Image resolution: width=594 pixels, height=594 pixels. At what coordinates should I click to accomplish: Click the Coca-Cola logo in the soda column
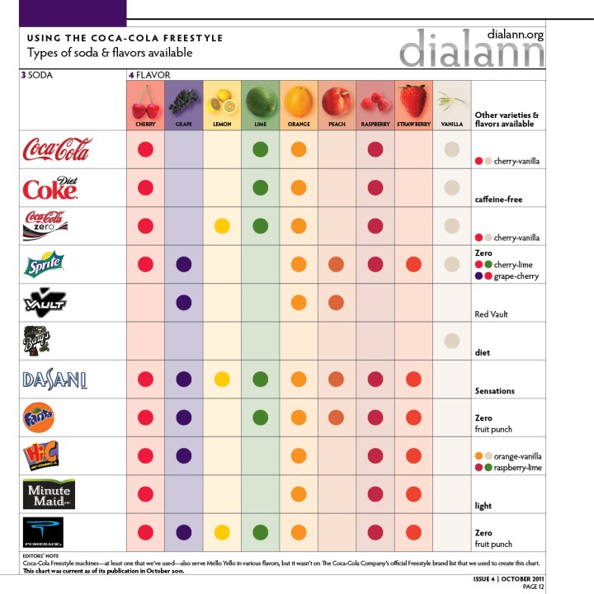point(58,149)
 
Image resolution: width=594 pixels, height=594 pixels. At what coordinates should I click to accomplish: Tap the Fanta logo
point(39,418)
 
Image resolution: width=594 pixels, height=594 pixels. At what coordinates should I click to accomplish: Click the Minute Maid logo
point(49,493)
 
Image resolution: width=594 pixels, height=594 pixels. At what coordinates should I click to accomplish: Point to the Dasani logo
point(54,379)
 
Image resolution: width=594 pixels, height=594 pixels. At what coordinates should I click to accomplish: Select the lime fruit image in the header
point(261,101)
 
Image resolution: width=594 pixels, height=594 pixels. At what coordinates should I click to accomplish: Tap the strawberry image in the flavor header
point(412,101)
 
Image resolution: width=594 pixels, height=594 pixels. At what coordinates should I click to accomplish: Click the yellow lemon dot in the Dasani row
point(221,379)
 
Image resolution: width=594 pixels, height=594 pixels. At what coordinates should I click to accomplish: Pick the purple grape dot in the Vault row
point(183,303)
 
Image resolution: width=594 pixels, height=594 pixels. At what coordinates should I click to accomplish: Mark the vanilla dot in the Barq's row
point(451,341)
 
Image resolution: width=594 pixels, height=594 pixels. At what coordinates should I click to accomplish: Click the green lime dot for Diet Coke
point(261,188)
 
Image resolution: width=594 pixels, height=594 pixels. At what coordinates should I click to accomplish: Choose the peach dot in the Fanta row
point(336,417)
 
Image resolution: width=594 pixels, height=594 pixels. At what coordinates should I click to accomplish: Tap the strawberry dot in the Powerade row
point(413,532)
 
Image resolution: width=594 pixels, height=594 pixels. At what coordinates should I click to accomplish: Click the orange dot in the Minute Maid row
point(298,493)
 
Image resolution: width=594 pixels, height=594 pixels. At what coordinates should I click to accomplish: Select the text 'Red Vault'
point(494,314)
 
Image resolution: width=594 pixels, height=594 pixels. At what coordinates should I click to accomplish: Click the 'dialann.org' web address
point(516,35)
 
